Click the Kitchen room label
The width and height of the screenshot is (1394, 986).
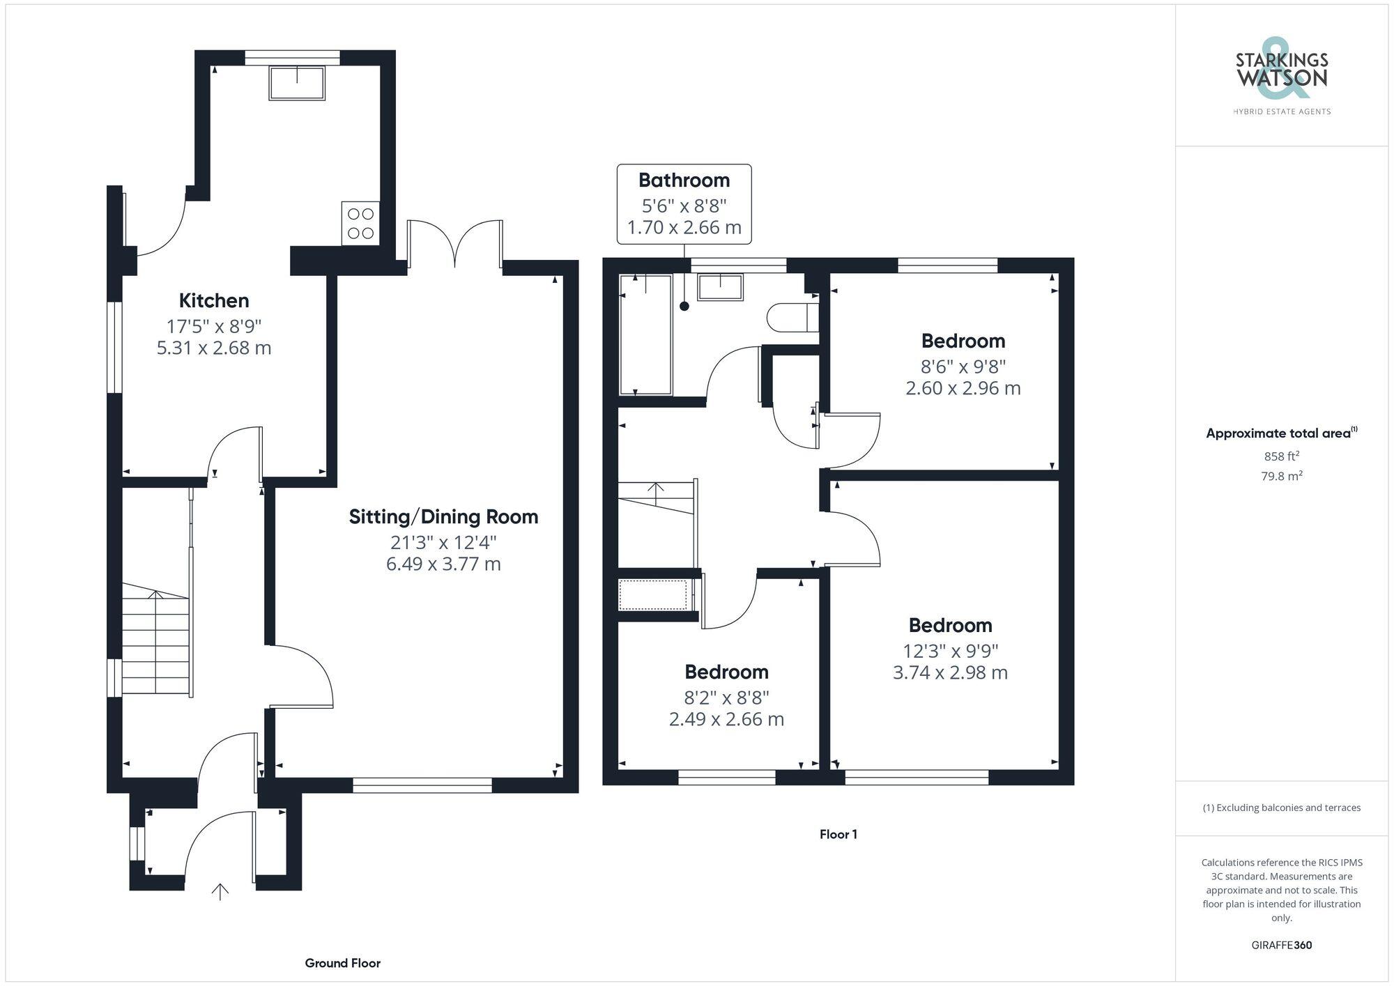[214, 300]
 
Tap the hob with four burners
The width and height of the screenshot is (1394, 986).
[360, 223]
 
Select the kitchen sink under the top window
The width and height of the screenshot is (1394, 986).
[297, 83]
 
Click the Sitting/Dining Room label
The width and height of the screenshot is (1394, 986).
[443, 516]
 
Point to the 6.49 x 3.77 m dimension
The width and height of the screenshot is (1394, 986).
[443, 564]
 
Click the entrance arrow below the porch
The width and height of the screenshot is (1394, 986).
[220, 891]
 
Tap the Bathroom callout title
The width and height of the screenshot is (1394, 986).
[684, 180]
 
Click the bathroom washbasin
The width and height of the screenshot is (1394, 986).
[720, 287]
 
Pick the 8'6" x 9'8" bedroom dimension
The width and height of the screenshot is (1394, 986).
[963, 366]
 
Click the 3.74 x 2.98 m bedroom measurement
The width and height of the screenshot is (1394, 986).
[950, 672]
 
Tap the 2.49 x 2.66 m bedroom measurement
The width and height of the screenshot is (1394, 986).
[726, 719]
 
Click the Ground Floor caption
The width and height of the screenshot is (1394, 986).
[342, 963]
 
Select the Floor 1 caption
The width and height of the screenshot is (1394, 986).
[838, 834]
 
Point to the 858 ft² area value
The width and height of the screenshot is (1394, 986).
[1281, 456]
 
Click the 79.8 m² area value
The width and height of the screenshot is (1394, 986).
[1281, 477]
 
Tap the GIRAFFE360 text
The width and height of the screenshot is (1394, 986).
[1281, 946]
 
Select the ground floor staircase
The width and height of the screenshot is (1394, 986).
[156, 641]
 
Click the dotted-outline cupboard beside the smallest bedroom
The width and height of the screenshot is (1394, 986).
[653, 594]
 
